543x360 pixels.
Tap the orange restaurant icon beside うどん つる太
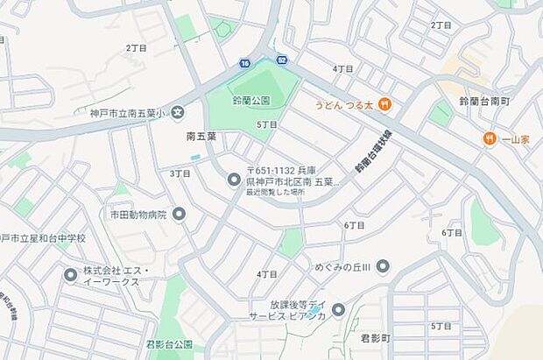(385, 105)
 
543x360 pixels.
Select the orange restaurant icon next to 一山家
(489, 138)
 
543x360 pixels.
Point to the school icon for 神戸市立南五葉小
(178, 111)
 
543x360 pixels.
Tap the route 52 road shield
(282, 60)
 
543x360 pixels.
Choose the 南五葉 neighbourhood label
(201, 138)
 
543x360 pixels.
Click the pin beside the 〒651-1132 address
(234, 180)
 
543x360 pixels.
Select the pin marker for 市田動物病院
(180, 214)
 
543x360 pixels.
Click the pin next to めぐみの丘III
(383, 266)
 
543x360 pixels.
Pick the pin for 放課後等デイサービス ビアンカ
(338, 309)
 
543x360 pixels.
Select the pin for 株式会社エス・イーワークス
(70, 275)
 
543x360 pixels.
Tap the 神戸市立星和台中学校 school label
(43, 238)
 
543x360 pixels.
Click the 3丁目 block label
(180, 173)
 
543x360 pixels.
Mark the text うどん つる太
(344, 105)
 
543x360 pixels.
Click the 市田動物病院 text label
(138, 214)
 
